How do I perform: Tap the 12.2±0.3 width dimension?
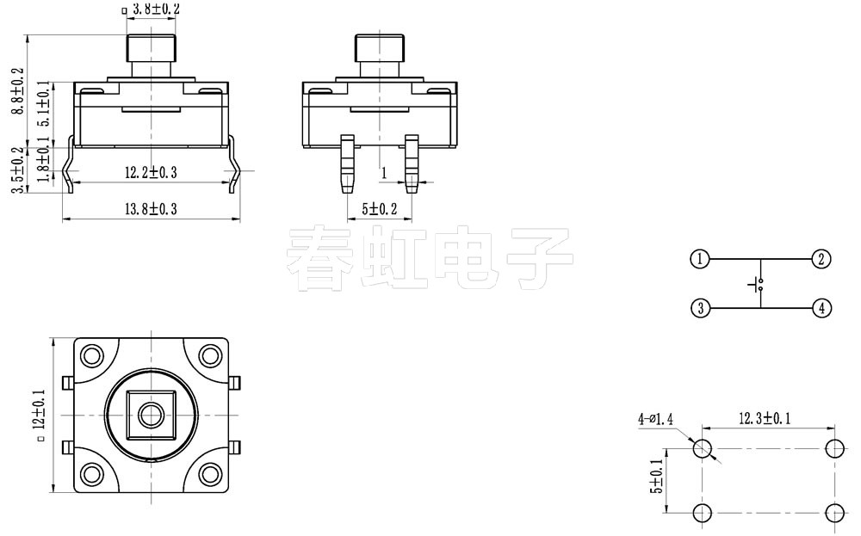click(x=151, y=173)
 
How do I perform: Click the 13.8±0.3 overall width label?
click(x=151, y=209)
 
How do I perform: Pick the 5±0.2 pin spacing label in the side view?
click(x=379, y=209)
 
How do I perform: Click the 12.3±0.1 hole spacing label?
click(x=765, y=419)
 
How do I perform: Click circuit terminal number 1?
click(x=700, y=259)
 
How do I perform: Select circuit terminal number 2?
click(x=821, y=259)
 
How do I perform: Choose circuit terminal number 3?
click(x=700, y=307)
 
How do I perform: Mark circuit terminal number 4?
click(x=821, y=307)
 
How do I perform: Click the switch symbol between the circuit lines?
click(x=758, y=283)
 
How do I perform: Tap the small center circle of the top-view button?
click(x=152, y=415)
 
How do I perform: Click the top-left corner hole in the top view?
click(x=93, y=355)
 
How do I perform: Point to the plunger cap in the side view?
click(x=380, y=47)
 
